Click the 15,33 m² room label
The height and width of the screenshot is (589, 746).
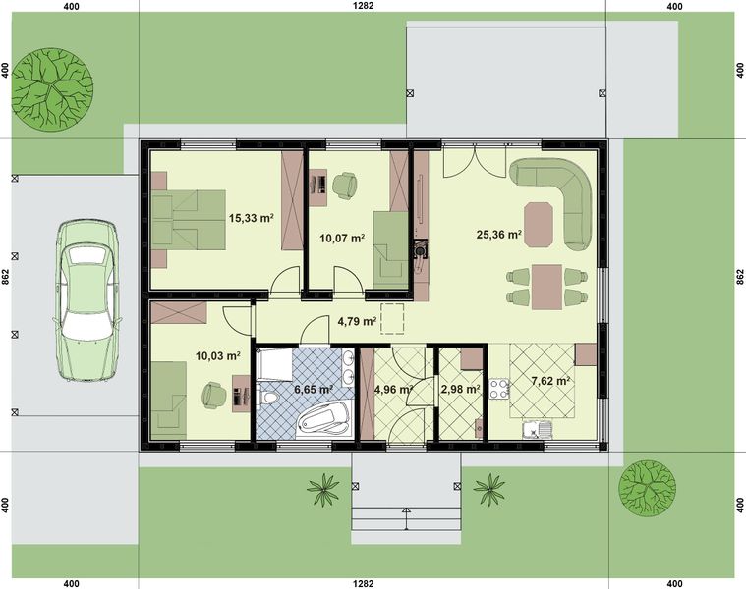250,219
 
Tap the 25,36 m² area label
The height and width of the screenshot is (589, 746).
497,236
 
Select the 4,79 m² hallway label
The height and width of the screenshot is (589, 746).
357,321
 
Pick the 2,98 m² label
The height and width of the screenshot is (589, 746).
460,390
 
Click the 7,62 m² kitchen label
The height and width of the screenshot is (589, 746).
550,381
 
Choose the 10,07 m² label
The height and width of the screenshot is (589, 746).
342,238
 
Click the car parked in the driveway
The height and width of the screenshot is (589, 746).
86,298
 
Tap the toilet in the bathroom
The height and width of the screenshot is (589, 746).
268,400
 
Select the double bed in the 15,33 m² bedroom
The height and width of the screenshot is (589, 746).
187,219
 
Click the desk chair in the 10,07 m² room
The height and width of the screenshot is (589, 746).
345,184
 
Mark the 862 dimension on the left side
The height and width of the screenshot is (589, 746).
7,278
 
